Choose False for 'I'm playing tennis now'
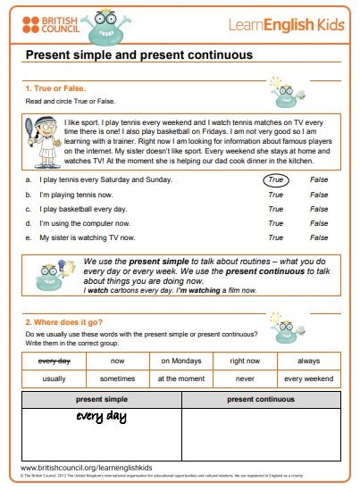coord(319,193)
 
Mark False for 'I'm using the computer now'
coord(319,223)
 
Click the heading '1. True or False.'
coord(54,89)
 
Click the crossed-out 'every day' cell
coord(53,361)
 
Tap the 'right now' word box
coord(245,361)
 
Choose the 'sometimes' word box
coord(117,378)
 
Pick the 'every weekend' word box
coord(308,378)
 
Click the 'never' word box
coord(245,378)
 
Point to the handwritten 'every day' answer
coord(100,417)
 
